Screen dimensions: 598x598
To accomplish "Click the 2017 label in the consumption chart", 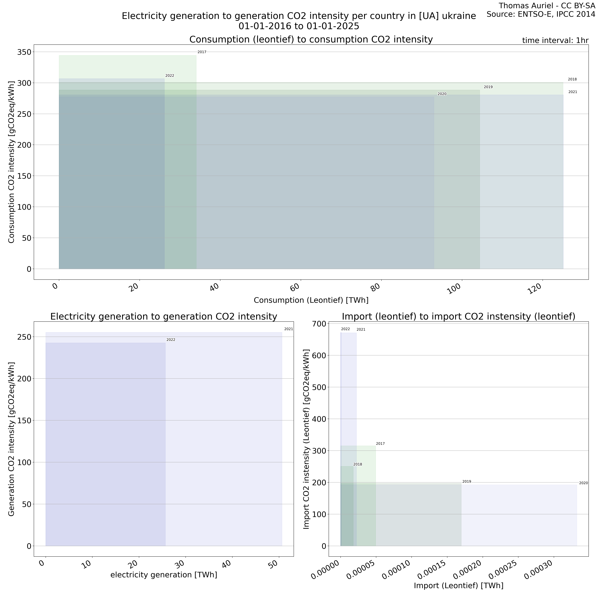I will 202,52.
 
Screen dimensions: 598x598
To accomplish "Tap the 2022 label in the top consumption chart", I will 170,75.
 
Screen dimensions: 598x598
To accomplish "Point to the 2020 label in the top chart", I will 442,94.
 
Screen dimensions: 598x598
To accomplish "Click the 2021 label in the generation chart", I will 289,329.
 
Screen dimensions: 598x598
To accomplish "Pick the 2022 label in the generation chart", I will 171,340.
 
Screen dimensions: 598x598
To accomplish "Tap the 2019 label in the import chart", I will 466,482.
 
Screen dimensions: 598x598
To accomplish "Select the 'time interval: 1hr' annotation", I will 555,40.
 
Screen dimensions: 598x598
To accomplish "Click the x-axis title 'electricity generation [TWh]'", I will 164,575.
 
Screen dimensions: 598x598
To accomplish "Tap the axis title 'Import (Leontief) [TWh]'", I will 458,586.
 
